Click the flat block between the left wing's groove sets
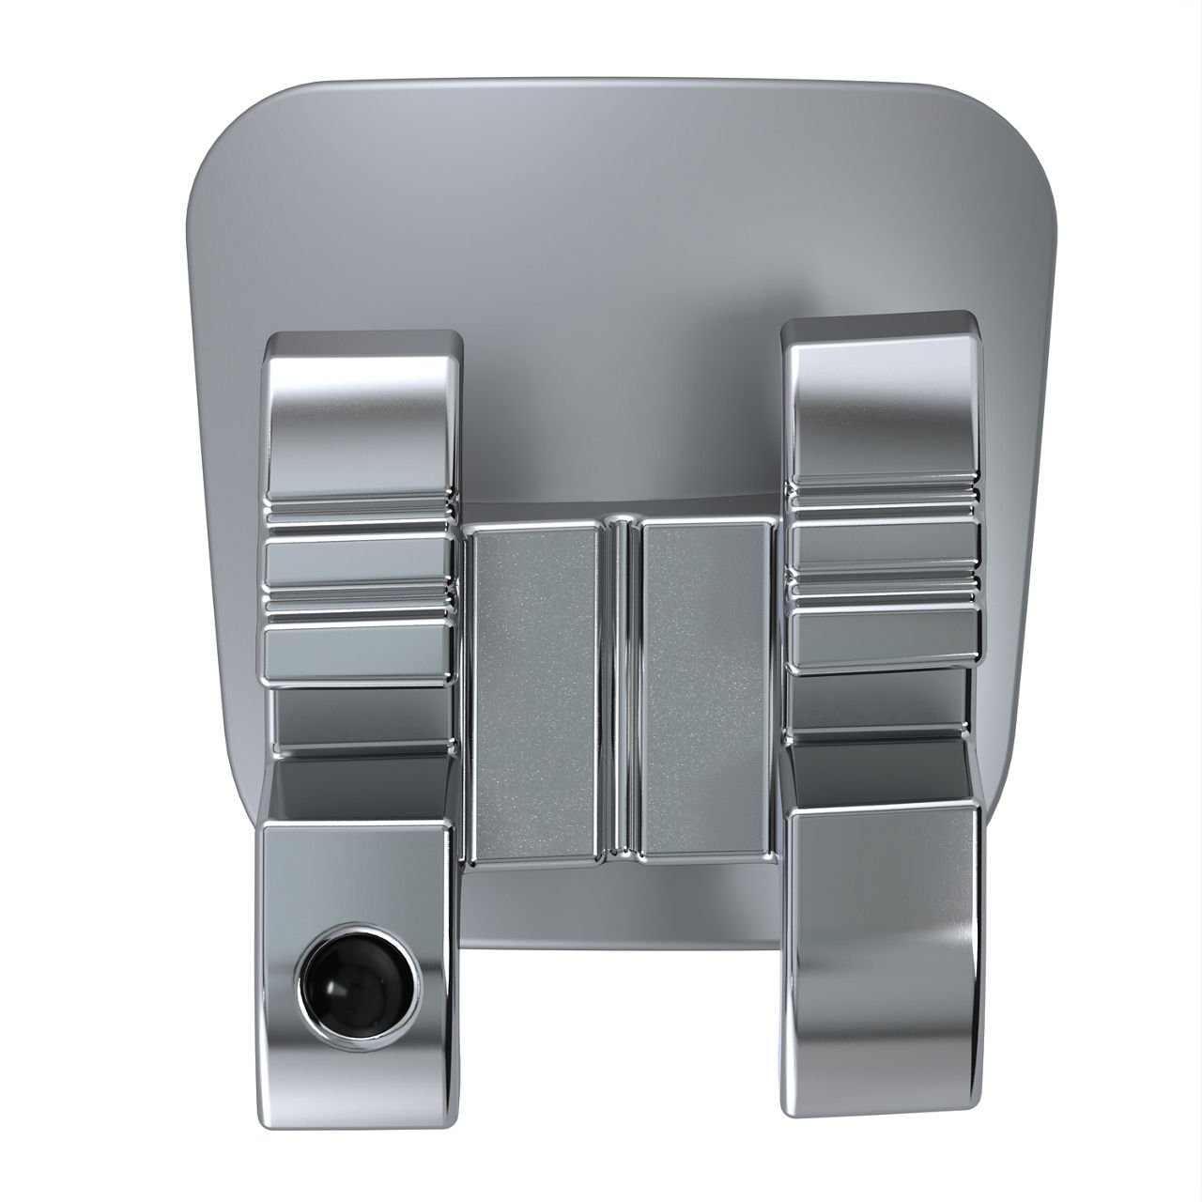tap(359, 561)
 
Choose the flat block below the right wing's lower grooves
tap(883, 639)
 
